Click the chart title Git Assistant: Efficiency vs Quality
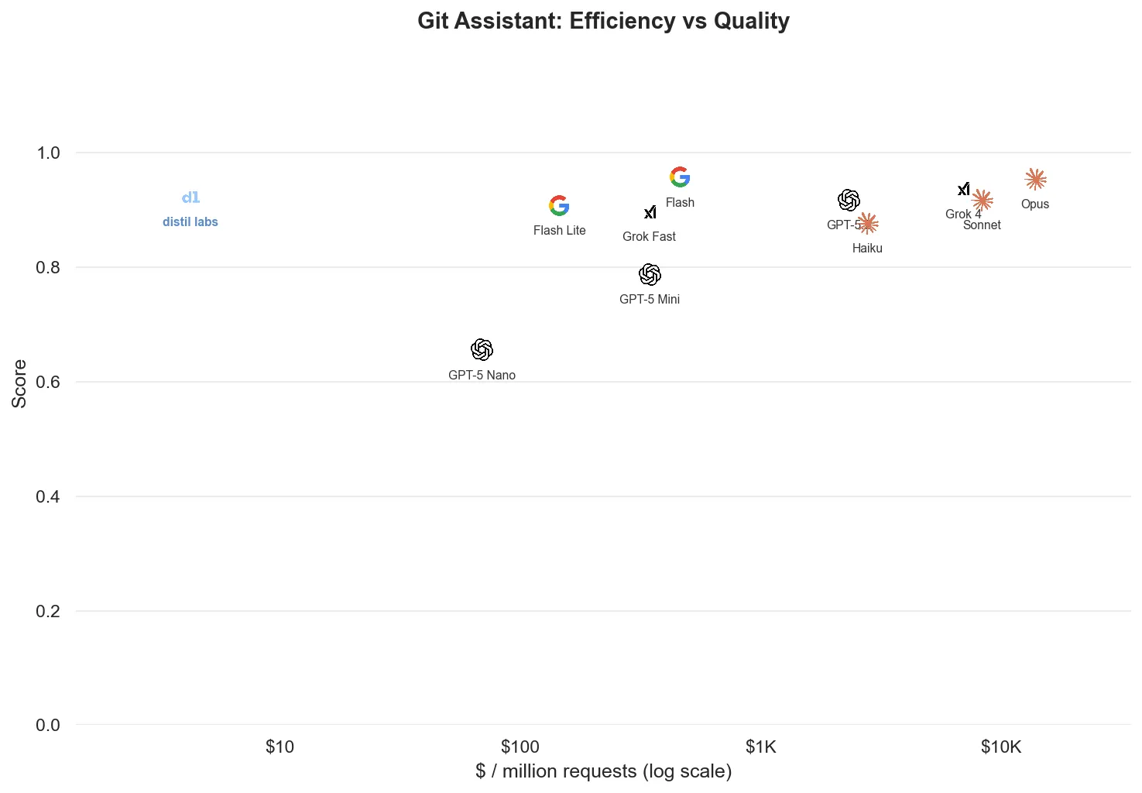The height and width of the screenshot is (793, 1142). click(603, 21)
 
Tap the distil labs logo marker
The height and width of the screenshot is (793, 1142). click(190, 197)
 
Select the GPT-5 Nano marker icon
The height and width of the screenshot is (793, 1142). click(482, 350)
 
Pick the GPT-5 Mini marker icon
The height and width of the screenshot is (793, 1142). click(650, 274)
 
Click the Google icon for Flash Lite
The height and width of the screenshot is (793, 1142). click(559, 206)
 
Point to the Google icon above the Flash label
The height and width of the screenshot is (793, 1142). click(680, 177)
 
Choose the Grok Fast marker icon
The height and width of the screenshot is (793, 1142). click(650, 212)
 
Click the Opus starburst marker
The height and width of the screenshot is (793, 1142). click(1035, 180)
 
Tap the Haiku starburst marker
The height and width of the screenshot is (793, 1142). click(868, 224)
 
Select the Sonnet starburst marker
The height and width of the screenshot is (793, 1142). click(983, 200)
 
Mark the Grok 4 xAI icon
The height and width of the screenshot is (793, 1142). click(964, 189)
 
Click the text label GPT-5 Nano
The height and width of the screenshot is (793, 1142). click(482, 376)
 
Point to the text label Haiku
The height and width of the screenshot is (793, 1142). click(867, 249)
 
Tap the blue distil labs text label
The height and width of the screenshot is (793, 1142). click(190, 222)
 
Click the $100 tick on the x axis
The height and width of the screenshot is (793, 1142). click(520, 747)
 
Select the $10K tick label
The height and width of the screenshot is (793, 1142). click(1001, 747)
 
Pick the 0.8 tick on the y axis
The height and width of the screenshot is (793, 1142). click(48, 268)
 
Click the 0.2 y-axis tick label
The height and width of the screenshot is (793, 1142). click(48, 612)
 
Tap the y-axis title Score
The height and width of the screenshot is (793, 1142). click(19, 383)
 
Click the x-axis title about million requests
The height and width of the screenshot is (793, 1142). click(603, 771)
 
